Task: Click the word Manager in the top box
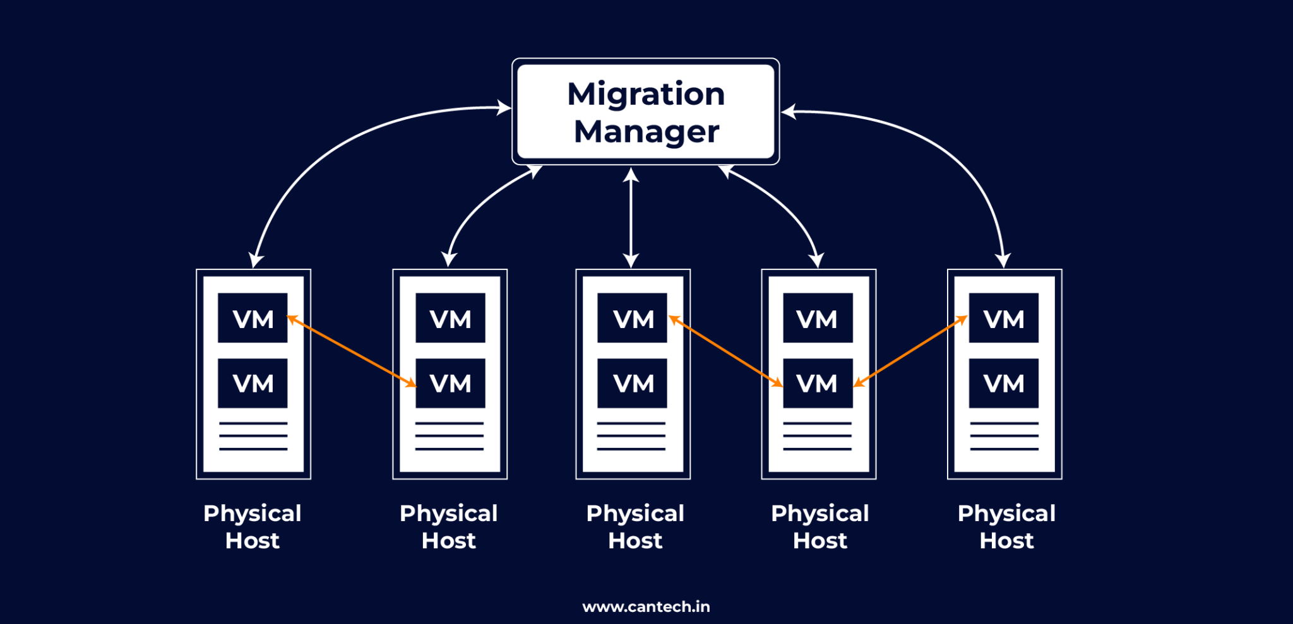click(x=646, y=132)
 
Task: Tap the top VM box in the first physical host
click(x=253, y=318)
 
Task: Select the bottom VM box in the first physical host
click(x=253, y=383)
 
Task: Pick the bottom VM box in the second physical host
click(x=450, y=383)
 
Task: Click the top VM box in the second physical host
click(x=450, y=318)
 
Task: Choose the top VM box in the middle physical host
click(x=632, y=318)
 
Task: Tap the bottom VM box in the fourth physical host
click(x=818, y=383)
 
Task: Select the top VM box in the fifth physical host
click(x=1003, y=318)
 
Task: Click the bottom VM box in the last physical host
click(x=1003, y=383)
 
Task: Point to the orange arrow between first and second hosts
click(x=352, y=351)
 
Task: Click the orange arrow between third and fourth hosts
click(x=725, y=351)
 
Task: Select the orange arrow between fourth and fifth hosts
click(x=910, y=351)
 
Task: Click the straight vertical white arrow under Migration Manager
click(x=631, y=218)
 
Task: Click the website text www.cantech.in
click(x=646, y=606)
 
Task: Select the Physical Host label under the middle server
click(x=635, y=527)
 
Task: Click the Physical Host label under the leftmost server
click(x=253, y=527)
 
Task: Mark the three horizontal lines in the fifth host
click(x=1004, y=436)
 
